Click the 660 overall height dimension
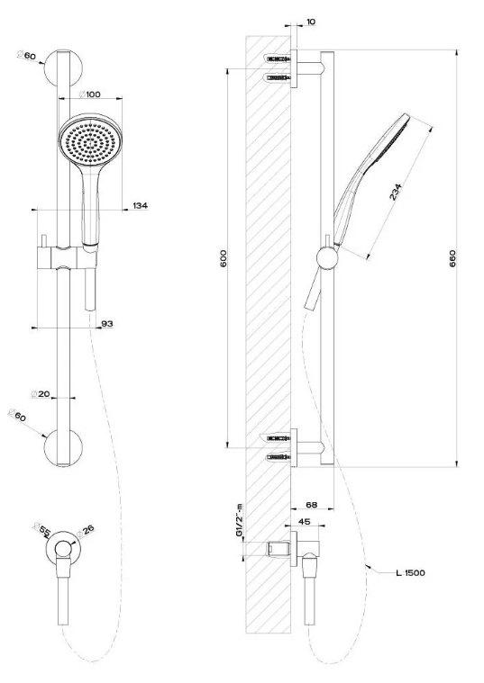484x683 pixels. coord(452,258)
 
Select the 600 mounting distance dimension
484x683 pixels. coord(224,258)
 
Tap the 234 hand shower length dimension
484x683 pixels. coord(396,192)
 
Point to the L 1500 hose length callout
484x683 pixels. coord(410,573)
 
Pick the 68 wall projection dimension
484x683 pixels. coord(311,505)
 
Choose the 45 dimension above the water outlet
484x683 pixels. coord(305,521)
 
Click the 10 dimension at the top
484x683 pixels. coord(311,22)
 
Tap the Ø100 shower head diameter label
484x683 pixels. coord(89,94)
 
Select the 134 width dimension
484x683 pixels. coord(140,205)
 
